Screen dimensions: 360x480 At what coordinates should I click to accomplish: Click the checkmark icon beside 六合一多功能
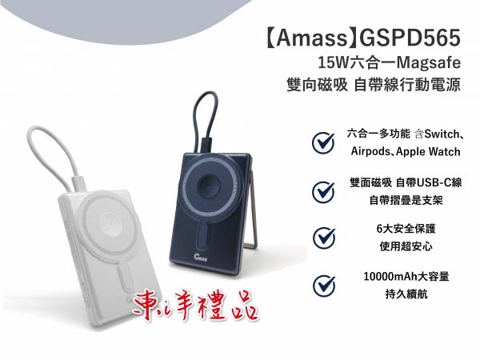tap(323, 142)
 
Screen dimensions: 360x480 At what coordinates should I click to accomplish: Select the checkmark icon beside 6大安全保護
tap(323, 238)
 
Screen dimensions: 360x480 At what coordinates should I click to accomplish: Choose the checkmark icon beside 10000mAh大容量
tap(323, 285)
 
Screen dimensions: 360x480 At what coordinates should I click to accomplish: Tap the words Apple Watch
tap(437, 151)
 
